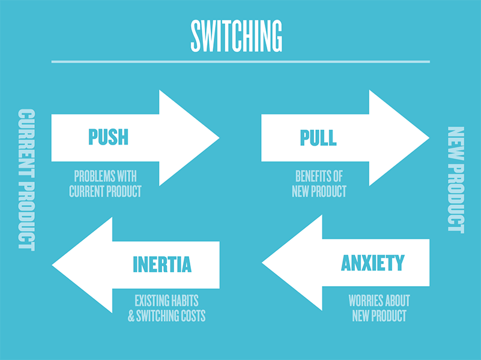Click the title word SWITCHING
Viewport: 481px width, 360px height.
236,37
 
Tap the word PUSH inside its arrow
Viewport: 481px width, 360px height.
108,137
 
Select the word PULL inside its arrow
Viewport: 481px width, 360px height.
318,137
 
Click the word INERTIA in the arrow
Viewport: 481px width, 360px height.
162,264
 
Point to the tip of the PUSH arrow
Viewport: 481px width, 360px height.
218,137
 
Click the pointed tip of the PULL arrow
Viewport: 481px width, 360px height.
428,137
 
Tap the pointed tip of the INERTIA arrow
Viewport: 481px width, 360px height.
53,265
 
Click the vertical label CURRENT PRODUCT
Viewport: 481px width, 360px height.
26,179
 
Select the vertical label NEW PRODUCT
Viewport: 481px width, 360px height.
456,179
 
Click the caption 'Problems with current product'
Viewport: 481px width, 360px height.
105,184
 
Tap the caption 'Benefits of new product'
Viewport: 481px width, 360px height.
319,184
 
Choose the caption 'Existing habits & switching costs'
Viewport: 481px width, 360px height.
166,308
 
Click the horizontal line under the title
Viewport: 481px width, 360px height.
240,61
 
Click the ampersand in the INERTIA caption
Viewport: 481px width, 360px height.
132,316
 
